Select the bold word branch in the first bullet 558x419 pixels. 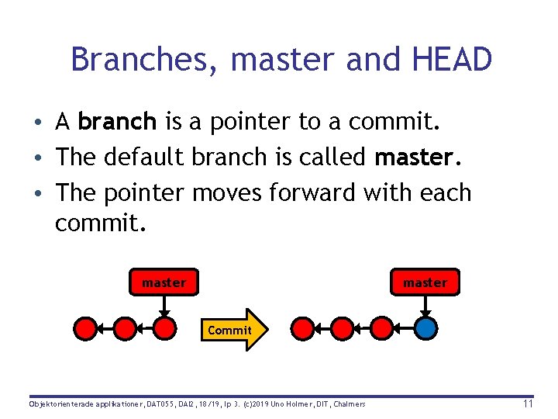pos(118,122)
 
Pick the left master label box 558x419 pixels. pos(164,282)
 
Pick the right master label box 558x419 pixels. pos(425,282)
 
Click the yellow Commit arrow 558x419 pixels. pos(232,330)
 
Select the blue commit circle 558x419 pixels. pos(425,328)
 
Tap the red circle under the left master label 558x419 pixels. pos(164,328)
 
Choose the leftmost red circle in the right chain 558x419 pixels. pos(301,328)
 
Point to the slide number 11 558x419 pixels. pos(528,403)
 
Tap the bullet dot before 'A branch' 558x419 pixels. pos(37,123)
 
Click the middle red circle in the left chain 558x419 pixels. pos(124,328)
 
